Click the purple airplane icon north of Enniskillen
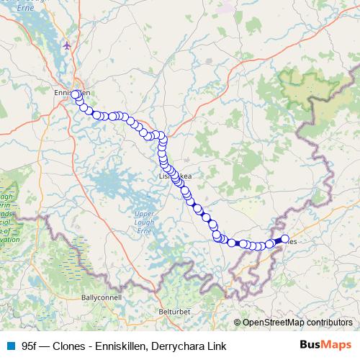pyautogui.click(x=67, y=45)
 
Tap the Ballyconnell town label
pyautogui.click(x=102, y=296)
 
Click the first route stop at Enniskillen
pyautogui.click(x=75, y=94)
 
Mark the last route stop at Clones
pyautogui.click(x=284, y=238)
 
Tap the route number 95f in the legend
pyautogui.click(x=30, y=346)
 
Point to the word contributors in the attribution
pyautogui.click(x=330, y=323)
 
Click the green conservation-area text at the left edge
pyautogui.click(x=6, y=216)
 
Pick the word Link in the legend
pyautogui.click(x=215, y=346)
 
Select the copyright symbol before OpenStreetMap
pyautogui.click(x=237, y=323)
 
